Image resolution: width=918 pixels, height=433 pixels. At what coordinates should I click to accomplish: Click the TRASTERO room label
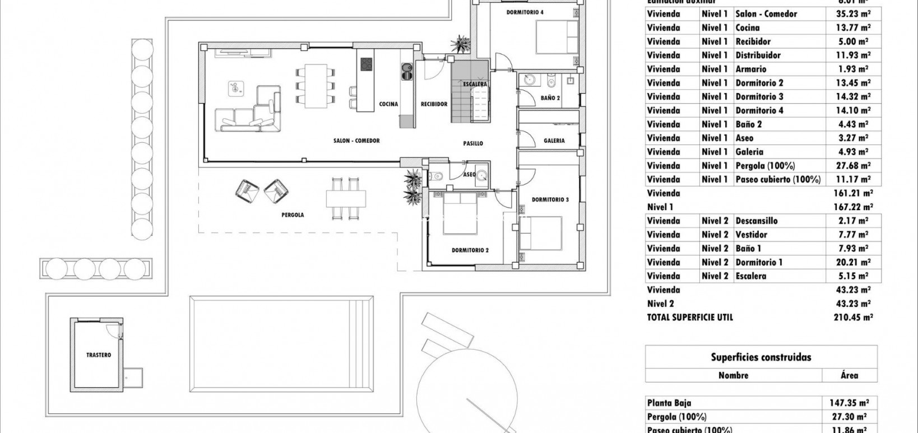pos(99,355)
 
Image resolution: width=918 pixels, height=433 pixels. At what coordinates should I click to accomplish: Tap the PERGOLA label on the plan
pos(293,215)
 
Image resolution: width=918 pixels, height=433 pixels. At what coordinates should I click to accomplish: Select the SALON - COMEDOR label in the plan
pos(356,141)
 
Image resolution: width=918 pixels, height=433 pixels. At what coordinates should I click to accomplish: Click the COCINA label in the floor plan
pos(388,104)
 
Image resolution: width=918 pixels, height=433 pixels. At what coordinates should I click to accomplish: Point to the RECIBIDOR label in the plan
pos(434,104)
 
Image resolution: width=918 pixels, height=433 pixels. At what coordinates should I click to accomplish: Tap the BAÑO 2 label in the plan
pos(550,98)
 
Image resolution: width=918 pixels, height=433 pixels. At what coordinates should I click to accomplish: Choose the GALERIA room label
pos(554,141)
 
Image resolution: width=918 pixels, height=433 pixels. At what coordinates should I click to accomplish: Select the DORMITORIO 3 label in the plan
pos(550,200)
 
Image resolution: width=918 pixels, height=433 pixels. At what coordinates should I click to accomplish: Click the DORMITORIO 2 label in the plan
pos(470,250)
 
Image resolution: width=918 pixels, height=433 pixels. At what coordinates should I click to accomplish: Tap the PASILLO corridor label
pos(473,143)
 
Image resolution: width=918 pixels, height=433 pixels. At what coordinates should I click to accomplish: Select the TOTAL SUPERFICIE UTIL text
pos(689,318)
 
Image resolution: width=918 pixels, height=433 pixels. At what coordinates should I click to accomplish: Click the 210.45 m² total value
pos(851,318)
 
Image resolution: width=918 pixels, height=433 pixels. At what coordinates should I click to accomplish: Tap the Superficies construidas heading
pos(761,357)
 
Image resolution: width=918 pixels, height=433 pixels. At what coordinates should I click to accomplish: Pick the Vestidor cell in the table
pos(751,235)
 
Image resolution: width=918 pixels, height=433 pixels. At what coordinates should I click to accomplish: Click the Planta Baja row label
pos(669,403)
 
